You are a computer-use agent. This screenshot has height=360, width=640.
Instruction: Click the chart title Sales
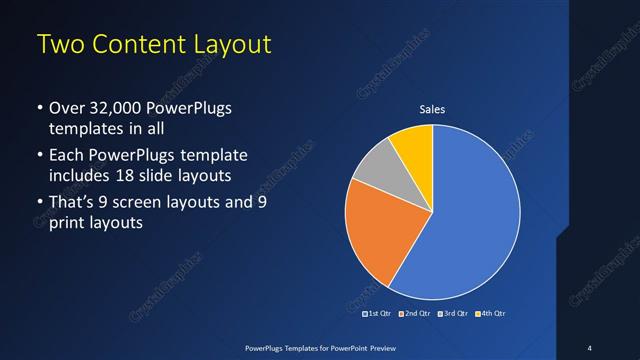432,109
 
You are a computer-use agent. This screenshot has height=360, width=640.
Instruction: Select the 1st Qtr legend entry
377,313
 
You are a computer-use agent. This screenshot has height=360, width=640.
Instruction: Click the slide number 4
589,347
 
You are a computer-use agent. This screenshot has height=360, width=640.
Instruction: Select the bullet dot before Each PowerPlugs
39,156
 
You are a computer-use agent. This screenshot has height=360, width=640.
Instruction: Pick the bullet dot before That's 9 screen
39,204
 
